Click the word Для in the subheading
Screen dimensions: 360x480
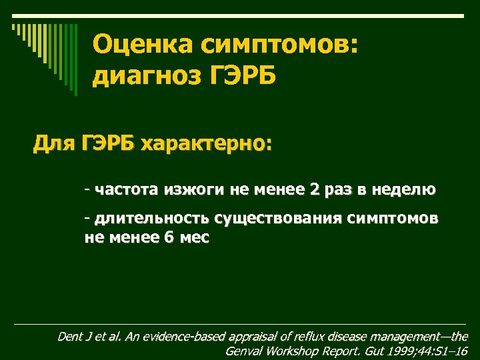54,143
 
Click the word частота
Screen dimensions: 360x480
126,190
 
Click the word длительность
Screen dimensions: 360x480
152,218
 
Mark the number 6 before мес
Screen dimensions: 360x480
167,237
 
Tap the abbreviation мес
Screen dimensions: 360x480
194,237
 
